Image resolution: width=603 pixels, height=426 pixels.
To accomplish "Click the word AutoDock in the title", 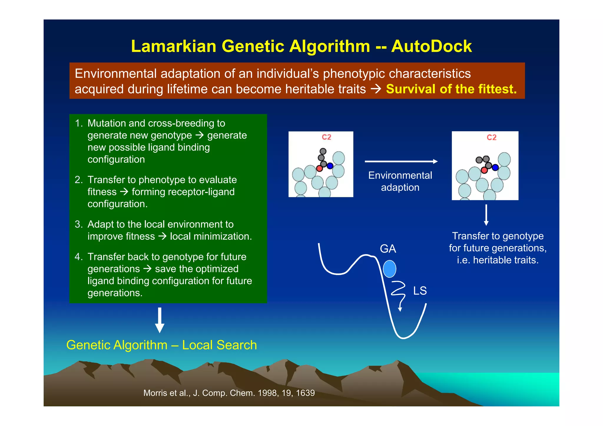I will coord(431,46).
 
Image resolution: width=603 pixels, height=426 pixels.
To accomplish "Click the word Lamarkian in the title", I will coord(173,46).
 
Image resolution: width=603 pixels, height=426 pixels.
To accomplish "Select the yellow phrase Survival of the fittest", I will coord(451,89).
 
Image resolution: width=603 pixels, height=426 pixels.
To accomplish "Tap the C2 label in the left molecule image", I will coord(326,137).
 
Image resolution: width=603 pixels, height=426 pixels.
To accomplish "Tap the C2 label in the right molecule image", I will coord(491,137).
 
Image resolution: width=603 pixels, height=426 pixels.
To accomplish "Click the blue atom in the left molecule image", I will coord(330,166).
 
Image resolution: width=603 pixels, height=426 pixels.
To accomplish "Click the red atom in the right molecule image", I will coord(484,170).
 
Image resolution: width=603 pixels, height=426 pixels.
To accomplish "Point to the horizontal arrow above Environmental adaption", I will coord(401,161).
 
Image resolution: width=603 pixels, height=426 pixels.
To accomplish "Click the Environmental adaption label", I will coord(400,181).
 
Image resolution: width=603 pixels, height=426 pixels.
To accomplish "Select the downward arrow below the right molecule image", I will coord(486,215).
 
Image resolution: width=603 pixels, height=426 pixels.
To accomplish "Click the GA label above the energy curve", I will coord(388,249).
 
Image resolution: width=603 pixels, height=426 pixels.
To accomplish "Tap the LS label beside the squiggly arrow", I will coord(420,291).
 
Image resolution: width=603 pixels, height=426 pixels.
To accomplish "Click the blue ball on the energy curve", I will coord(389,269).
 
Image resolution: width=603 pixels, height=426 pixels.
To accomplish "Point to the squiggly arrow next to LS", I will coord(398,294).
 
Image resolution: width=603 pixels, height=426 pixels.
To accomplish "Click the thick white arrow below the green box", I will coord(160,320).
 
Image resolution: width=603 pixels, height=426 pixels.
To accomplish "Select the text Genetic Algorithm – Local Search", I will coord(161,345).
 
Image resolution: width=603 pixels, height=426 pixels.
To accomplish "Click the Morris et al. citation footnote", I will coord(229,393).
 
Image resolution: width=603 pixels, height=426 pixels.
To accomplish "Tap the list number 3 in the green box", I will coord(78,224).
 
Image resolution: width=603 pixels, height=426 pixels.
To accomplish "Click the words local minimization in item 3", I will coord(211,236).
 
